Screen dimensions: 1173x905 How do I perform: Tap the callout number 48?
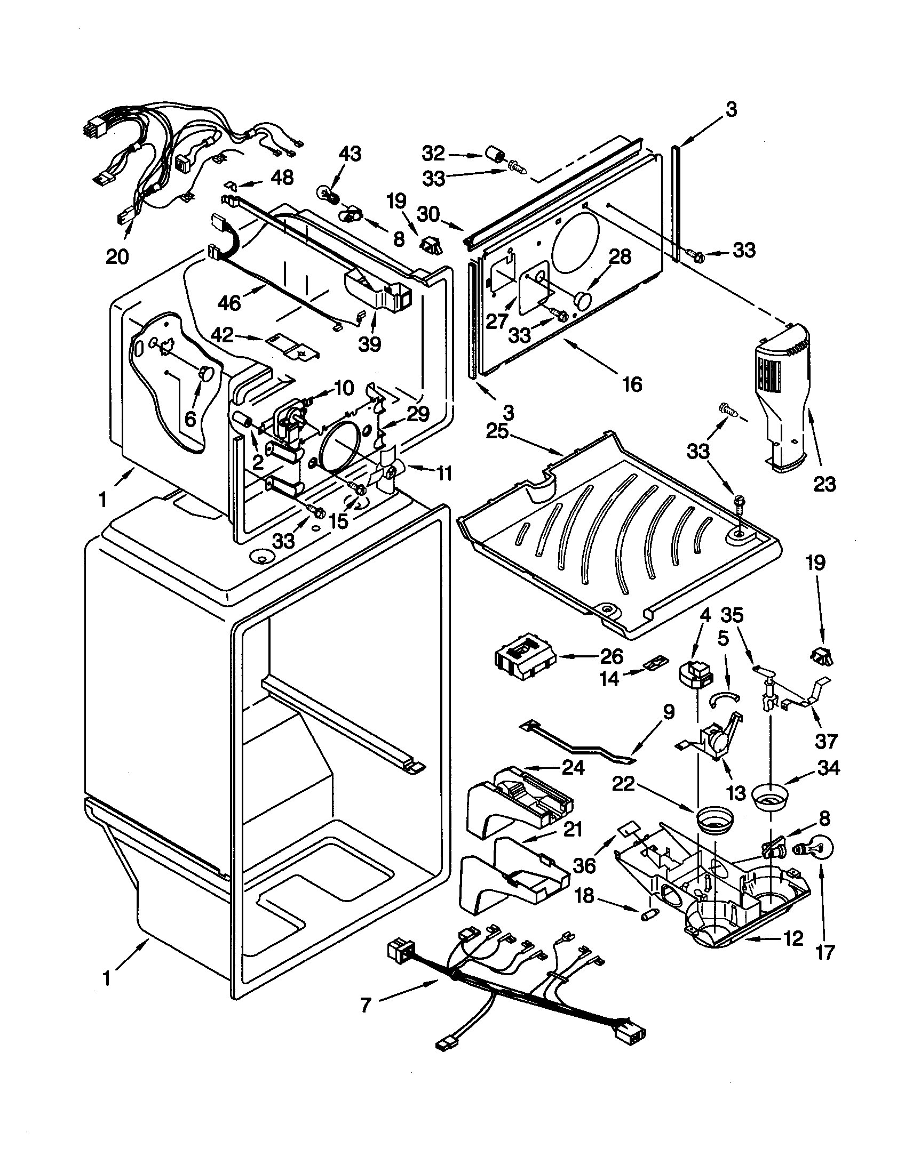(282, 177)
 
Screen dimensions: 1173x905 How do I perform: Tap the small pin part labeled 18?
(648, 914)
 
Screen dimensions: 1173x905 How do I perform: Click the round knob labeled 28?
(583, 297)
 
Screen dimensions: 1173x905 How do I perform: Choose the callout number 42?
(222, 335)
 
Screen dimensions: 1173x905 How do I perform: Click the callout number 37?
(826, 741)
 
